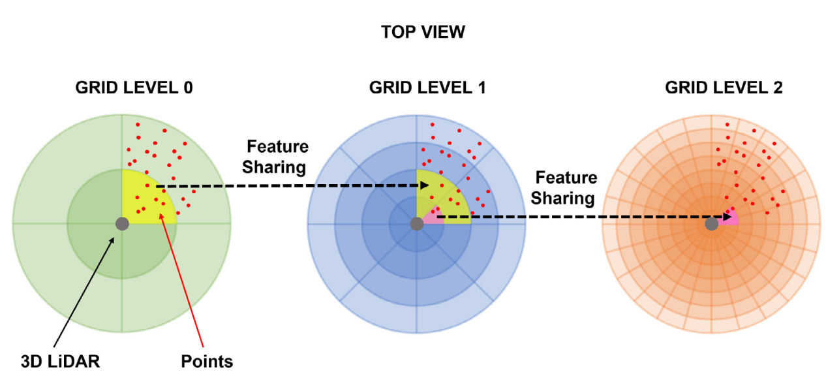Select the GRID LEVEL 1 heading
click(x=427, y=87)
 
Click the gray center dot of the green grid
click(x=122, y=223)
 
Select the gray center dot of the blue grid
click(x=417, y=224)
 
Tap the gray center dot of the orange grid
click(x=712, y=224)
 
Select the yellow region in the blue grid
click(x=450, y=196)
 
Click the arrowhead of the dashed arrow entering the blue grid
click(x=425, y=186)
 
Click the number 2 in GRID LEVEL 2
click(x=776, y=87)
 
